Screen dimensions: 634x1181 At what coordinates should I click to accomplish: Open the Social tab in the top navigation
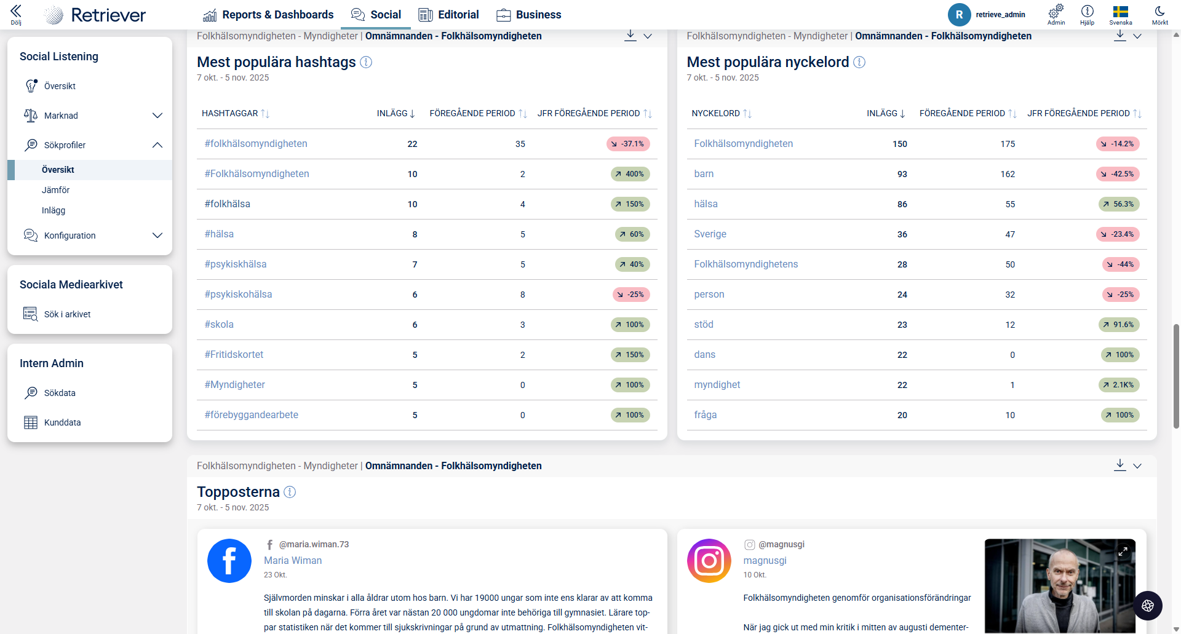click(376, 15)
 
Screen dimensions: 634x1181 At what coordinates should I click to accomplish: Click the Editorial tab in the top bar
click(448, 15)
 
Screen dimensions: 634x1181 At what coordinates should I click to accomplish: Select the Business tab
click(529, 15)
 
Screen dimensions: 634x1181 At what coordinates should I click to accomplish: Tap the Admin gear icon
click(1056, 12)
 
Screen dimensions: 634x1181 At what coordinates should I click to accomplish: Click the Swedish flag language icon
click(1120, 12)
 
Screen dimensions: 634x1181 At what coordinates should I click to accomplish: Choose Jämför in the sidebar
click(55, 190)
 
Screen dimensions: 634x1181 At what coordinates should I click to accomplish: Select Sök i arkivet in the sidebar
click(67, 314)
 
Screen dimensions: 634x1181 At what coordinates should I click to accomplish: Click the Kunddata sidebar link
click(62, 422)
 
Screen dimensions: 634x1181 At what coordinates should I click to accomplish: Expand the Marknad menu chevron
click(157, 116)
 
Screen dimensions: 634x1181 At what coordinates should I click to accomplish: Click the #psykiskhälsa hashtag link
click(236, 264)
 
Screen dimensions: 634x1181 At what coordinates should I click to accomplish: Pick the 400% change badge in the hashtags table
click(630, 174)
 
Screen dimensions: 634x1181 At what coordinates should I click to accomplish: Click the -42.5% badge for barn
click(1118, 174)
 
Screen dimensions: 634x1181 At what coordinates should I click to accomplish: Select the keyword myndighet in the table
click(717, 385)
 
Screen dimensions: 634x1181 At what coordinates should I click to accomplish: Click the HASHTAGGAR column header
click(230, 114)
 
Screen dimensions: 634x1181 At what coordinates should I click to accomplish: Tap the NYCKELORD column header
click(715, 114)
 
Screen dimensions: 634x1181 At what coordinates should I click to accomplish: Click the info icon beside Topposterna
click(290, 492)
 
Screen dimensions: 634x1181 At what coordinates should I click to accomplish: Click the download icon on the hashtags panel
click(630, 36)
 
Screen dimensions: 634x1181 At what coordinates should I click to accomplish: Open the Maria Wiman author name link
click(293, 561)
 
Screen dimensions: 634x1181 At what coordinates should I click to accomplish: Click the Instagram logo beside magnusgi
click(709, 561)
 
